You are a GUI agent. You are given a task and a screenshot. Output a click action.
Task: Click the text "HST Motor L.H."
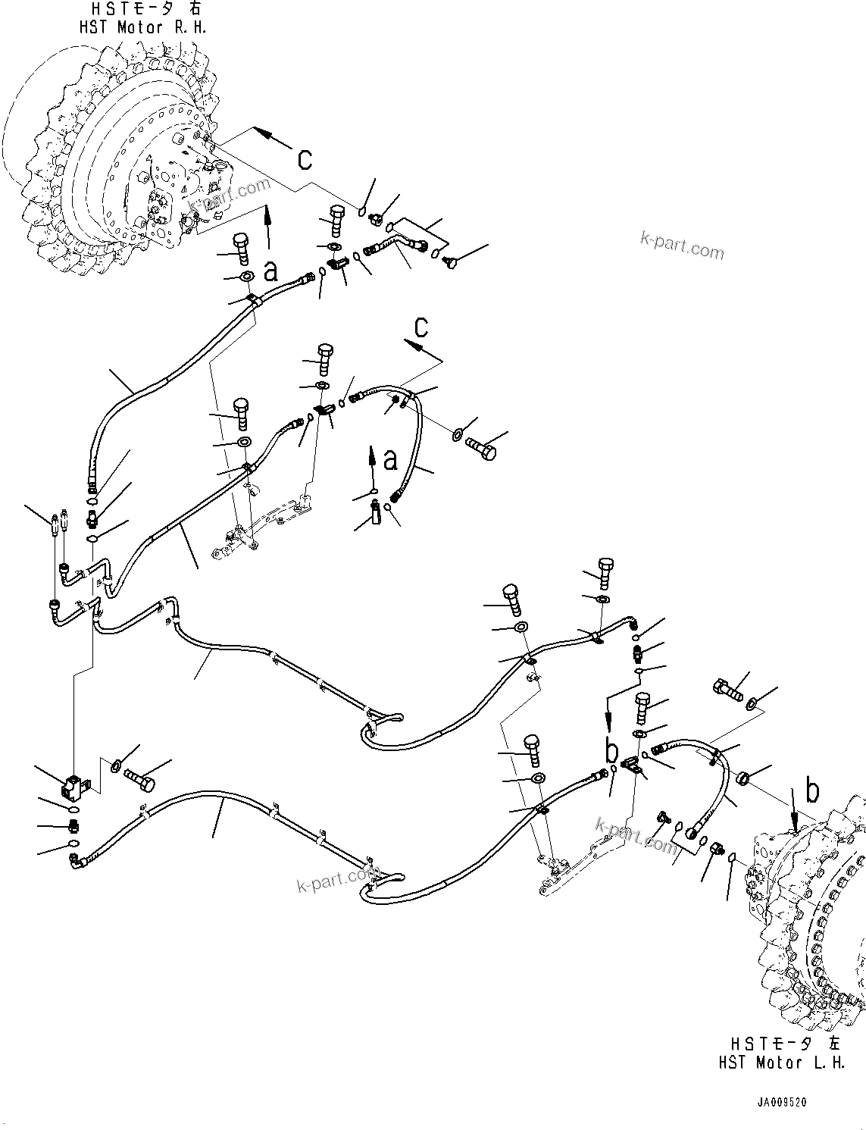[x=781, y=1063]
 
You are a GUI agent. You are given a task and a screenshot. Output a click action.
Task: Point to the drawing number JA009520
[x=780, y=1102]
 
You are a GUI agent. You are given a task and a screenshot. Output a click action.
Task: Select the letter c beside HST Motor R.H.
[x=305, y=158]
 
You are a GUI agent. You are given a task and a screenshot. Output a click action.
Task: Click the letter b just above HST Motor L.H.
[x=812, y=792]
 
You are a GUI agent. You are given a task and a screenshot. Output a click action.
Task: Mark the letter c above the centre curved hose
[x=421, y=327]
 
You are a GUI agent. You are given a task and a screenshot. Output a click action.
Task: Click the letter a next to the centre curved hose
[x=390, y=459]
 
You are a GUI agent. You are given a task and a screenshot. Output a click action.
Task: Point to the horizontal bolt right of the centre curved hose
[x=481, y=447]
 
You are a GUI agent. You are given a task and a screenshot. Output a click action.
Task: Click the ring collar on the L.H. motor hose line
[x=743, y=777]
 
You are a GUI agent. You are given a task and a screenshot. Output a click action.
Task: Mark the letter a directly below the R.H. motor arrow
[x=270, y=270]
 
